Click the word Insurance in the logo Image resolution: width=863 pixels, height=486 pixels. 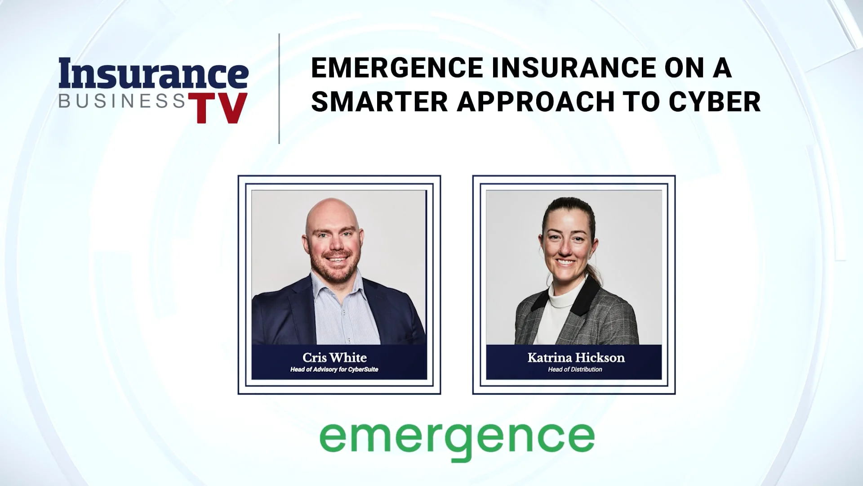153,74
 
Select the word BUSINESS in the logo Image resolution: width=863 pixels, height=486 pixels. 122,101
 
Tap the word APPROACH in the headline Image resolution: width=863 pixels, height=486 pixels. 535,102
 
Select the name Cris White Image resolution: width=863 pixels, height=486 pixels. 334,358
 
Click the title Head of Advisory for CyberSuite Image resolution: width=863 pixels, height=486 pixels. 334,369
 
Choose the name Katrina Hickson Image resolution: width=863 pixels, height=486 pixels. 576,358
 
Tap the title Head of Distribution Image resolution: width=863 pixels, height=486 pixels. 575,369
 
